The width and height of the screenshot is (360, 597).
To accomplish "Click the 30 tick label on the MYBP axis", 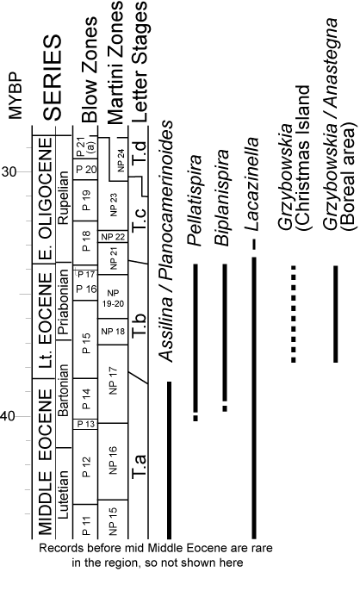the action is tap(9, 171).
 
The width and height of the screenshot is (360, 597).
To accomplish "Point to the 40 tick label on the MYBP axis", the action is tap(9, 416).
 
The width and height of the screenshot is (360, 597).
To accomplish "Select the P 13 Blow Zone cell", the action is tap(85, 424).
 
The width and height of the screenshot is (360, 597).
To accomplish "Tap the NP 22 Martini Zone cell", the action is tap(113, 236).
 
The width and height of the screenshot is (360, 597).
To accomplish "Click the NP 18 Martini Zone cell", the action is tap(113, 332).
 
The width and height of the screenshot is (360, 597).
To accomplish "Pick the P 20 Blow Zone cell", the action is tap(85, 170).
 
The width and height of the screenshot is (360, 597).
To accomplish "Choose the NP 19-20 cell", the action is tap(113, 298).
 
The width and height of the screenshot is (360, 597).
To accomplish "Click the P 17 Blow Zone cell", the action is tap(85, 274).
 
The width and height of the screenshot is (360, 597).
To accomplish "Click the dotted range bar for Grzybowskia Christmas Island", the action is tap(293, 314).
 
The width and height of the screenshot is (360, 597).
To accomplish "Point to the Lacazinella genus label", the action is tap(251, 184).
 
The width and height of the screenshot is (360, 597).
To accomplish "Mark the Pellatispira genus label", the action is tap(196, 200).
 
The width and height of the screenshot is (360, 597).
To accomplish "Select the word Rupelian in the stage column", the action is tap(64, 197).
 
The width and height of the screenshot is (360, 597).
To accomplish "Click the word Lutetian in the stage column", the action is tap(64, 494).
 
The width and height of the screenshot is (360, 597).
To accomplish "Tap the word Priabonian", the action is tap(64, 302).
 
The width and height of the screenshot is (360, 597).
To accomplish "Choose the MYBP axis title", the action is tap(15, 96).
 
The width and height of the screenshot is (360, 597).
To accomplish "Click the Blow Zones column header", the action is tap(90, 70).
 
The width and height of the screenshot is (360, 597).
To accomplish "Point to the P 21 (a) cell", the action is tap(84, 147).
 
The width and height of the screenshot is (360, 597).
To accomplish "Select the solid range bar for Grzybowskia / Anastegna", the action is tap(336, 314).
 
